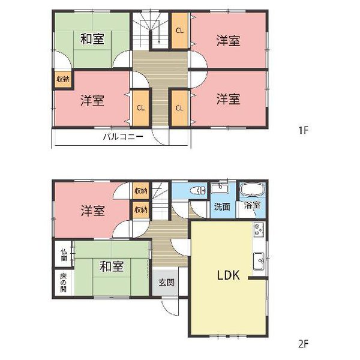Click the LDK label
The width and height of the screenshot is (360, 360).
[x=228, y=277]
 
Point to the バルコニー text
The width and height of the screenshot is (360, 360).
[x=122, y=137]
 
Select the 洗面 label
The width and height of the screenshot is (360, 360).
[x=223, y=207]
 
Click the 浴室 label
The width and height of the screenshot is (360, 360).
[x=252, y=206]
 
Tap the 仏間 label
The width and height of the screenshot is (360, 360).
[x=63, y=256]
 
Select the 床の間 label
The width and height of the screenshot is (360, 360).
[x=63, y=281]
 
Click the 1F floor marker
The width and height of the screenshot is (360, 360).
[x=304, y=129]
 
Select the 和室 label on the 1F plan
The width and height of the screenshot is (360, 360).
[x=92, y=40]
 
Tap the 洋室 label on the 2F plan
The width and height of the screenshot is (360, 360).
[x=92, y=211]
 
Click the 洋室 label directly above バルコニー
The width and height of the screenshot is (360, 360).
[x=92, y=100]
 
